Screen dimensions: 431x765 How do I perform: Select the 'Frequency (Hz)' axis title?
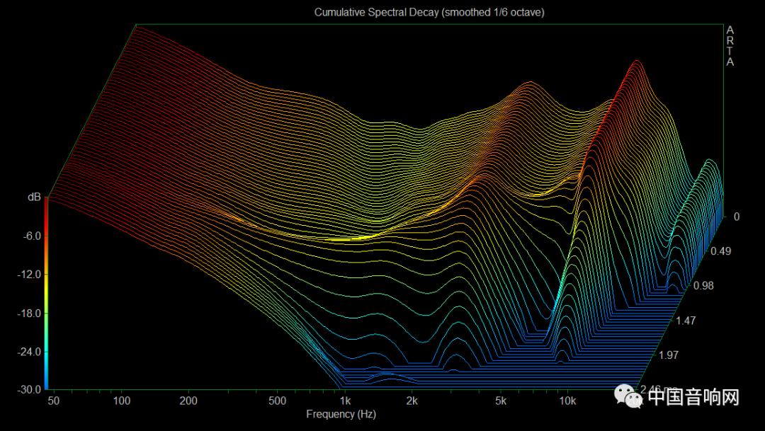click(341, 414)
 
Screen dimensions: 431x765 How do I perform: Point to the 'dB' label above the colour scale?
click(34, 197)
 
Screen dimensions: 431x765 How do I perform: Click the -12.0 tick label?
click(30, 274)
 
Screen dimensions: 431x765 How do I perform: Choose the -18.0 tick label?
click(30, 313)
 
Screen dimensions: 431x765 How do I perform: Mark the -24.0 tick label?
click(30, 351)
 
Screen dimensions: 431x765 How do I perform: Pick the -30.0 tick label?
click(30, 389)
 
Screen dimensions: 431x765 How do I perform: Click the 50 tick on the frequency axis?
click(54, 401)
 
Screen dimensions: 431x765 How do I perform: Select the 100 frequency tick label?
click(122, 401)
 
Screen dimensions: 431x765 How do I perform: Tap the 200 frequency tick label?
click(188, 401)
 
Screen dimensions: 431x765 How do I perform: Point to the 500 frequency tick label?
click(277, 401)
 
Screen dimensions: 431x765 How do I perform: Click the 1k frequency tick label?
click(345, 401)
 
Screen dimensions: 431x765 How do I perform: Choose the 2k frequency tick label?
click(412, 401)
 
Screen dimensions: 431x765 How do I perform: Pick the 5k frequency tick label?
click(501, 401)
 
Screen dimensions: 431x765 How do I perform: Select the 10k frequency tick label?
click(567, 401)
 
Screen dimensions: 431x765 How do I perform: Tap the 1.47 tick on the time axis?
click(686, 321)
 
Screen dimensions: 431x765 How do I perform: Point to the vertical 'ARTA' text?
click(730, 46)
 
